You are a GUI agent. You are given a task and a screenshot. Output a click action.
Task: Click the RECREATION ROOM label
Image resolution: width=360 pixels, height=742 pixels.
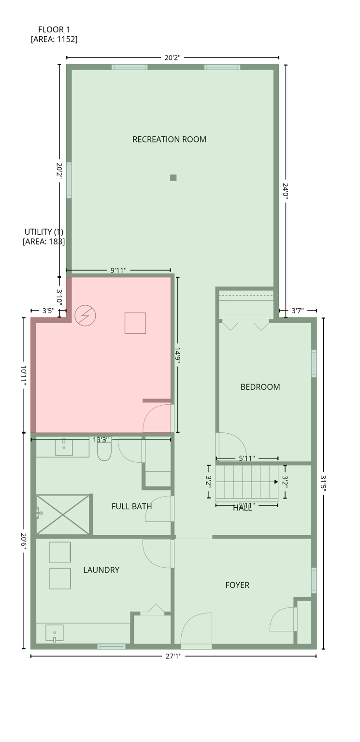[x=169, y=140]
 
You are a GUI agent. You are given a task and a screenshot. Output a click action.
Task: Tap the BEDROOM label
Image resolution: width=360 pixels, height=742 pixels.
[x=260, y=387]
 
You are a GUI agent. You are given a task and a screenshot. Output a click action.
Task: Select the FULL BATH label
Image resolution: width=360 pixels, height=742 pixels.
[x=131, y=506]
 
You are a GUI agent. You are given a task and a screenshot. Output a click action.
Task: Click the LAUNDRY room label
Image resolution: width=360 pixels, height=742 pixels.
[x=101, y=570]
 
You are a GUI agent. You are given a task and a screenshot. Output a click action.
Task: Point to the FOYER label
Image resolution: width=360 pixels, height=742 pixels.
[x=237, y=585]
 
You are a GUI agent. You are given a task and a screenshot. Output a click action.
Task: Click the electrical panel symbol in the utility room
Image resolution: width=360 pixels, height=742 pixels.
[x=85, y=315]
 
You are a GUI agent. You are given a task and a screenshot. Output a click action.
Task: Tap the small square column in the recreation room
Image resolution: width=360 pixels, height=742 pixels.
[x=173, y=178]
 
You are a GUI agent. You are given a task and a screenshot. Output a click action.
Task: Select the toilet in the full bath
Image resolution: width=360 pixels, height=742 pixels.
[x=104, y=451]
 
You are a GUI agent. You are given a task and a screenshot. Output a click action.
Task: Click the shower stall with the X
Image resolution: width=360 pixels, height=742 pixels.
[x=63, y=514]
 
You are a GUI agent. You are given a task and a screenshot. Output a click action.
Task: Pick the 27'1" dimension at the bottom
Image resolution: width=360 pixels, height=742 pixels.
[x=173, y=656]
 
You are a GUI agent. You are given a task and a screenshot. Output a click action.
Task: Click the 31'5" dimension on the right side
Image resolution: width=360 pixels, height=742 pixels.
[x=323, y=483]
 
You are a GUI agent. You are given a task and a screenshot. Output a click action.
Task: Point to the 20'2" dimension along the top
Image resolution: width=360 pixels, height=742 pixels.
[x=173, y=57]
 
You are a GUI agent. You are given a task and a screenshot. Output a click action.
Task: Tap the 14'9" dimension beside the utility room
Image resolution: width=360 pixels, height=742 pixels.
[x=178, y=355]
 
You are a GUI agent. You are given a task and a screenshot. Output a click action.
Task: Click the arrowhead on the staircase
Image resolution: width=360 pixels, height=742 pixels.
[x=276, y=482]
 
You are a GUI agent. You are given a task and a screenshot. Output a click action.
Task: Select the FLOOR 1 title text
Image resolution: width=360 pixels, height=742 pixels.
[x=54, y=30]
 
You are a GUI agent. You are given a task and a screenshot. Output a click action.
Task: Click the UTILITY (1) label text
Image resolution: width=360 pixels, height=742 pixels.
[x=44, y=232]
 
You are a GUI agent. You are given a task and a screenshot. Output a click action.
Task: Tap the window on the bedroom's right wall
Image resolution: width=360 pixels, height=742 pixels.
[x=314, y=363]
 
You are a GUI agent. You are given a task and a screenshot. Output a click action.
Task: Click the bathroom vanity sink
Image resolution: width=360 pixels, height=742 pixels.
[x=63, y=447]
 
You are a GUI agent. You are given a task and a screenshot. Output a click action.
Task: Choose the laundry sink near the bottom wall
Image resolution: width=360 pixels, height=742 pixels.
[x=54, y=632]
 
